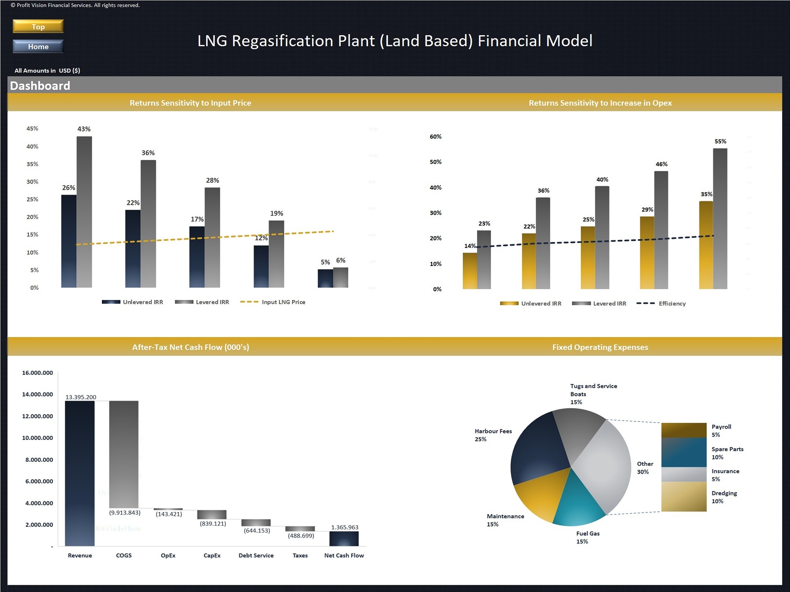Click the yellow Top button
pos(38,26)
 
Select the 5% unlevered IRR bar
pos(325,278)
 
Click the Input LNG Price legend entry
pos(283,302)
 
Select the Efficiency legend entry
pos(671,303)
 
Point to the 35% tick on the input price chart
pos(32,164)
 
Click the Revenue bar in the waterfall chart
pos(80,473)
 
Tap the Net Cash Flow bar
pos(344,539)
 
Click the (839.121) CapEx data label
pos(213,524)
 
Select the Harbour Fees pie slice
pos(537,450)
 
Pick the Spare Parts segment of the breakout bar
pos(684,453)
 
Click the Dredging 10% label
pos(724,497)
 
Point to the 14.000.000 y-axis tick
pos(38,394)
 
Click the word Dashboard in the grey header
pos(40,86)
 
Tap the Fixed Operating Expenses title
pos(600,347)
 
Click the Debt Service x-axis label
pos(256,555)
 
